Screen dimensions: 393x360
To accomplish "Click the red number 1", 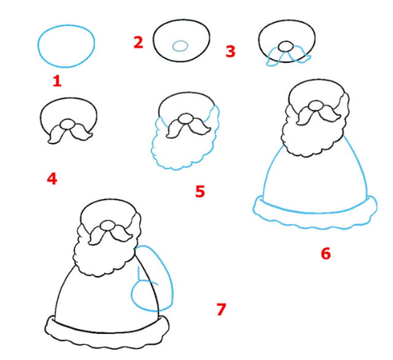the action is click(57, 81).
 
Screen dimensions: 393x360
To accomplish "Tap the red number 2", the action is click(139, 42).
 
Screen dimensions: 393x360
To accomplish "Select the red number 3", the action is click(230, 51).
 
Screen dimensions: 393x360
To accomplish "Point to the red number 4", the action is click(52, 179).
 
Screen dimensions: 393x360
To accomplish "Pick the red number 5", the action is click(200, 192).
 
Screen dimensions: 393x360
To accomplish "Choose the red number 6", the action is click(326, 253).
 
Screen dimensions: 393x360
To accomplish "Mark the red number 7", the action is click(221, 309).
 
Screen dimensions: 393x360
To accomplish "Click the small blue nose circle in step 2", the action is click(180, 46).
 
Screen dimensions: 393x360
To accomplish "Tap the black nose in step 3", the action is click(285, 46).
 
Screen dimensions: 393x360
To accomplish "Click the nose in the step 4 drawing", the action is click(67, 124).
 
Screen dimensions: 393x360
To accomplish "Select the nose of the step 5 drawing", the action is click(185, 119).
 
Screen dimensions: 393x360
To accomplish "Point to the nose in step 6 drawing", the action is click(316, 106).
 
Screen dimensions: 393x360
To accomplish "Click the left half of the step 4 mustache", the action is click(57, 134).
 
